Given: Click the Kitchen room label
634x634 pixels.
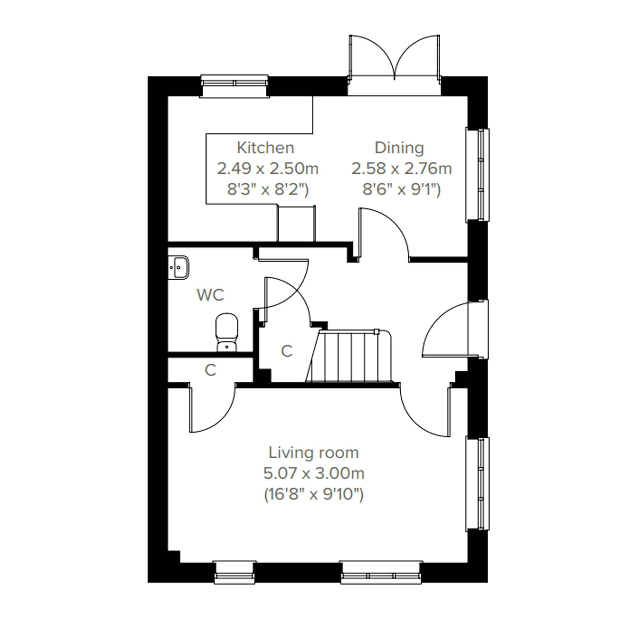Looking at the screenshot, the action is pyautogui.click(x=265, y=148).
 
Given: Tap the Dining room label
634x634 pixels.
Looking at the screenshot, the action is pyautogui.click(x=399, y=149).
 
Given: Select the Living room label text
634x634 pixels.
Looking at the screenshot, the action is pyautogui.click(x=314, y=453).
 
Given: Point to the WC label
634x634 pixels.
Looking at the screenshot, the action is pyautogui.click(x=210, y=295).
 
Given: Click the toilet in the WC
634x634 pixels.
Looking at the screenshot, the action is pyautogui.click(x=227, y=332).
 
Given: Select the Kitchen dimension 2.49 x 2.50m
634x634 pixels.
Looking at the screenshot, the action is pyautogui.click(x=267, y=169).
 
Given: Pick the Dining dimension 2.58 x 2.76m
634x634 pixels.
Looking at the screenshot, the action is pyautogui.click(x=402, y=169).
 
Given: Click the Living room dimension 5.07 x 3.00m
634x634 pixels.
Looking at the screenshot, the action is pyautogui.click(x=314, y=473).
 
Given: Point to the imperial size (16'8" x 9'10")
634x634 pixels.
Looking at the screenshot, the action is pyautogui.click(x=314, y=494).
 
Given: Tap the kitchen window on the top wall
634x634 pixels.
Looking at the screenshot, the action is pyautogui.click(x=234, y=86).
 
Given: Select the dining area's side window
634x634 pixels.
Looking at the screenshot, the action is pyautogui.click(x=477, y=175).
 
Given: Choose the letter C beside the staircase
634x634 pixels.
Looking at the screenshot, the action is pyautogui.click(x=286, y=352).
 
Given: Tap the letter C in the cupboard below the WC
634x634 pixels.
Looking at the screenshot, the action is pyautogui.click(x=210, y=370).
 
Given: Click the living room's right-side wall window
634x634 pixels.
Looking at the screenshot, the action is pyautogui.click(x=477, y=484).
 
